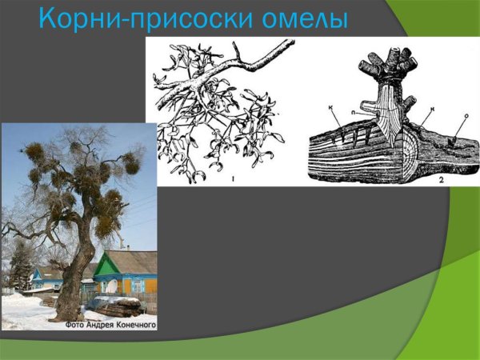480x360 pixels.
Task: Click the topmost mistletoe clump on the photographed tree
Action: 75,147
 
